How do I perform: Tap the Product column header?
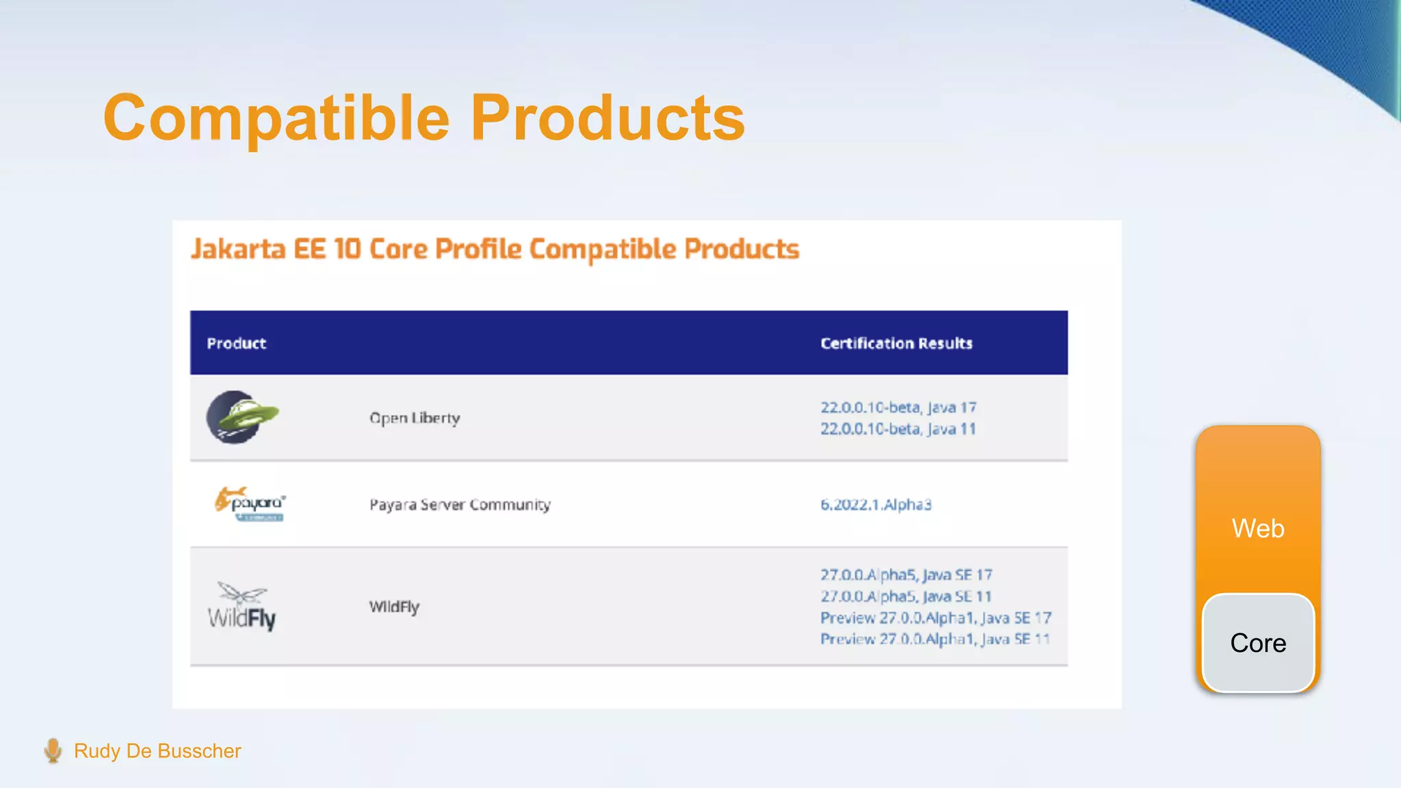pyautogui.click(x=236, y=343)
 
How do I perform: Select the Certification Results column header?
pyautogui.click(x=896, y=343)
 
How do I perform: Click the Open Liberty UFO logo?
pyautogui.click(x=241, y=417)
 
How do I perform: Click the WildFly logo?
pyautogui.click(x=241, y=607)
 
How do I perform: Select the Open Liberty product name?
pyautogui.click(x=415, y=418)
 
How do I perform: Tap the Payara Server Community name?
pyautogui.click(x=460, y=505)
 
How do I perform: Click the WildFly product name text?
pyautogui.click(x=394, y=607)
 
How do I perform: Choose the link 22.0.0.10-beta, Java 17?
pyautogui.click(x=898, y=408)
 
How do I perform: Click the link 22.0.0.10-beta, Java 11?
pyautogui.click(x=898, y=429)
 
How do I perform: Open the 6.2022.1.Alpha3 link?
pyautogui.click(x=876, y=505)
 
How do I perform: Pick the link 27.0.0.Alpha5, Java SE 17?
pyautogui.click(x=906, y=575)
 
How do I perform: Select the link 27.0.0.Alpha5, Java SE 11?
pyautogui.click(x=906, y=596)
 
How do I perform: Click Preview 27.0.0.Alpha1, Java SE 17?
pyautogui.click(x=935, y=618)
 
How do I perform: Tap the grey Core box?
pyautogui.click(x=1258, y=643)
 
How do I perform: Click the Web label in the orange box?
pyautogui.click(x=1258, y=529)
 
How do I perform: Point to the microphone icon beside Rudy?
pyautogui.click(x=53, y=750)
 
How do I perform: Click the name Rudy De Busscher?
pyautogui.click(x=157, y=751)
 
